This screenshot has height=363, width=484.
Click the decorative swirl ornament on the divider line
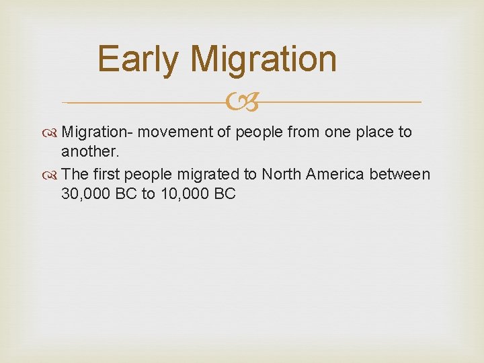click(x=242, y=103)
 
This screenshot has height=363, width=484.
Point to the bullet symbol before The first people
click(x=53, y=175)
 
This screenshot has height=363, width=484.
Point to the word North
click(x=282, y=174)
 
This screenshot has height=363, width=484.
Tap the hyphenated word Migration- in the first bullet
click(x=90, y=132)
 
